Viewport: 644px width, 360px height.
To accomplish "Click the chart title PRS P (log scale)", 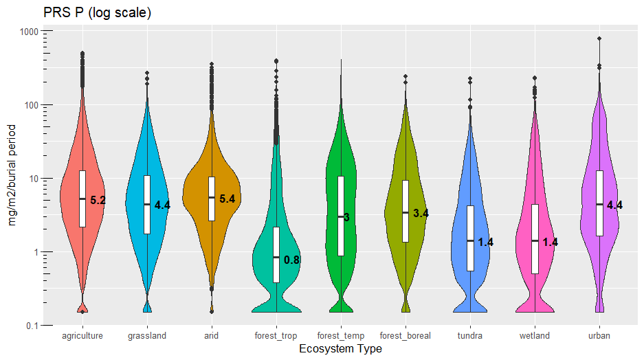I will tap(97, 13).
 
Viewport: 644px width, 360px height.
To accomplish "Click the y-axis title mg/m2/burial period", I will tap(12, 178).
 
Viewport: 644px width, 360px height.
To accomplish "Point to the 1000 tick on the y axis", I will tap(28, 32).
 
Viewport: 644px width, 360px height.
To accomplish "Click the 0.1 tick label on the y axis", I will tap(31, 325).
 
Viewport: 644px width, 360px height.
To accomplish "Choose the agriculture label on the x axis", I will tap(82, 336).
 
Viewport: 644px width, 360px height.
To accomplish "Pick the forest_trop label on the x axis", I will tap(276, 336).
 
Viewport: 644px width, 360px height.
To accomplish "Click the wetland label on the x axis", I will tap(535, 336).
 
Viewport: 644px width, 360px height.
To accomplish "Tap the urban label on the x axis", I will tap(599, 336).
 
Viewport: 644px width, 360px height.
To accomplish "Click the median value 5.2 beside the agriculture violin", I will tap(98, 201).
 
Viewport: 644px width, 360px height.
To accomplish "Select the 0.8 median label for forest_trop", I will tap(292, 260).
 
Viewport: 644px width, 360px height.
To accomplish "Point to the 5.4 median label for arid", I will tap(227, 199).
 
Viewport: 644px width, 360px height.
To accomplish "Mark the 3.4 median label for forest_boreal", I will tap(421, 214).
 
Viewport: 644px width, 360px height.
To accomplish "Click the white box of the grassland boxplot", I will tap(147, 204).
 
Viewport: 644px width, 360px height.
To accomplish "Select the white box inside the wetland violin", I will tap(535, 238).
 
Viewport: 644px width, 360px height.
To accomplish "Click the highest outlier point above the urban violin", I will tap(599, 39).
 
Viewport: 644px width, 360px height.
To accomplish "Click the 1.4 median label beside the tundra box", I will tap(486, 243).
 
